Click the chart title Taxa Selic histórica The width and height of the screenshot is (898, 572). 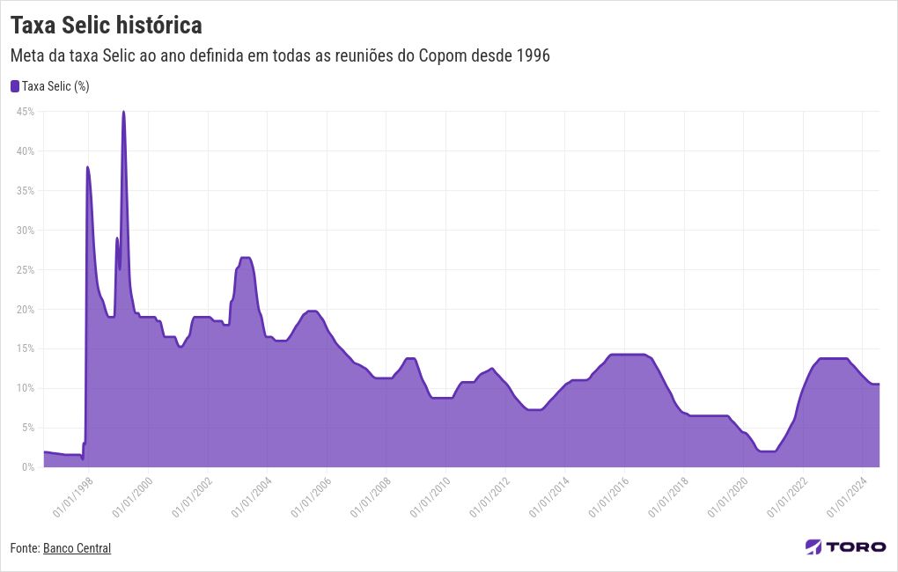pos(106,25)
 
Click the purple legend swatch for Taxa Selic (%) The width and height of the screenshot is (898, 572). pos(14,86)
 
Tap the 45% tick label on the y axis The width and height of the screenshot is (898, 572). pos(25,112)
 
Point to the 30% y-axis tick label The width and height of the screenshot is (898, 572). pos(25,231)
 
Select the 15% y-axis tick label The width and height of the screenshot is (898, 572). pos(25,348)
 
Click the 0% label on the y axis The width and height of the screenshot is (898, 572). pos(27,467)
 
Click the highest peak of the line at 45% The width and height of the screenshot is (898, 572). pos(123,112)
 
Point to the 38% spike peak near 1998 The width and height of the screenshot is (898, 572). pos(87,167)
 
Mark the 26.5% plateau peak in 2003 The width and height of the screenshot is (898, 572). pos(246,258)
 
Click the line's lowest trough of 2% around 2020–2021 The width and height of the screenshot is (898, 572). pos(767,451)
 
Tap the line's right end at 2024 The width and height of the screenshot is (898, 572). pos(879,384)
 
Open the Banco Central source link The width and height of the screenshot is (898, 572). pos(77,548)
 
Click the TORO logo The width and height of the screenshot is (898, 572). pos(845,546)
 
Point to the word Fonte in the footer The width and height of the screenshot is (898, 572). pos(24,548)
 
